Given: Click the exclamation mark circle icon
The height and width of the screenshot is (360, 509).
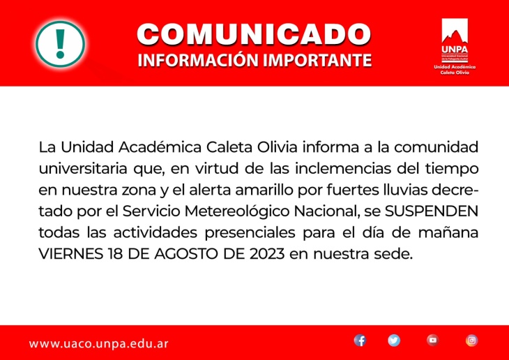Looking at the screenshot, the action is (61, 44).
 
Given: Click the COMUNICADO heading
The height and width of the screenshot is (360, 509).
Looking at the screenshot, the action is (254, 34).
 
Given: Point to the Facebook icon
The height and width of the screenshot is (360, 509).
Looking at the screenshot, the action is (360, 340).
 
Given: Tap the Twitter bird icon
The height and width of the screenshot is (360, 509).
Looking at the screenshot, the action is (394, 340).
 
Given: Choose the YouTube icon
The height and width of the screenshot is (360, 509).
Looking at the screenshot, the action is (433, 340).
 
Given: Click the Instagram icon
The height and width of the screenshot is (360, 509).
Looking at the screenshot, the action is (471, 340).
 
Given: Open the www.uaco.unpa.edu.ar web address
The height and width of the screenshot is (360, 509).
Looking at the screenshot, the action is (99, 344).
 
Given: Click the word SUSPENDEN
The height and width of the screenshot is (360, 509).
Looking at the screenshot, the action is (432, 211).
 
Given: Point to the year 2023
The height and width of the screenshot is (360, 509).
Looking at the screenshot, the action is (267, 254).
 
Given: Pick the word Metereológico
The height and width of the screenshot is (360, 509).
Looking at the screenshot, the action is (237, 212).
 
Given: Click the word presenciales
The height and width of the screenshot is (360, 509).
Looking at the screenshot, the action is (250, 233).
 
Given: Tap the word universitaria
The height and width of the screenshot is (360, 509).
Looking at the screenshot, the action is (83, 169).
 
